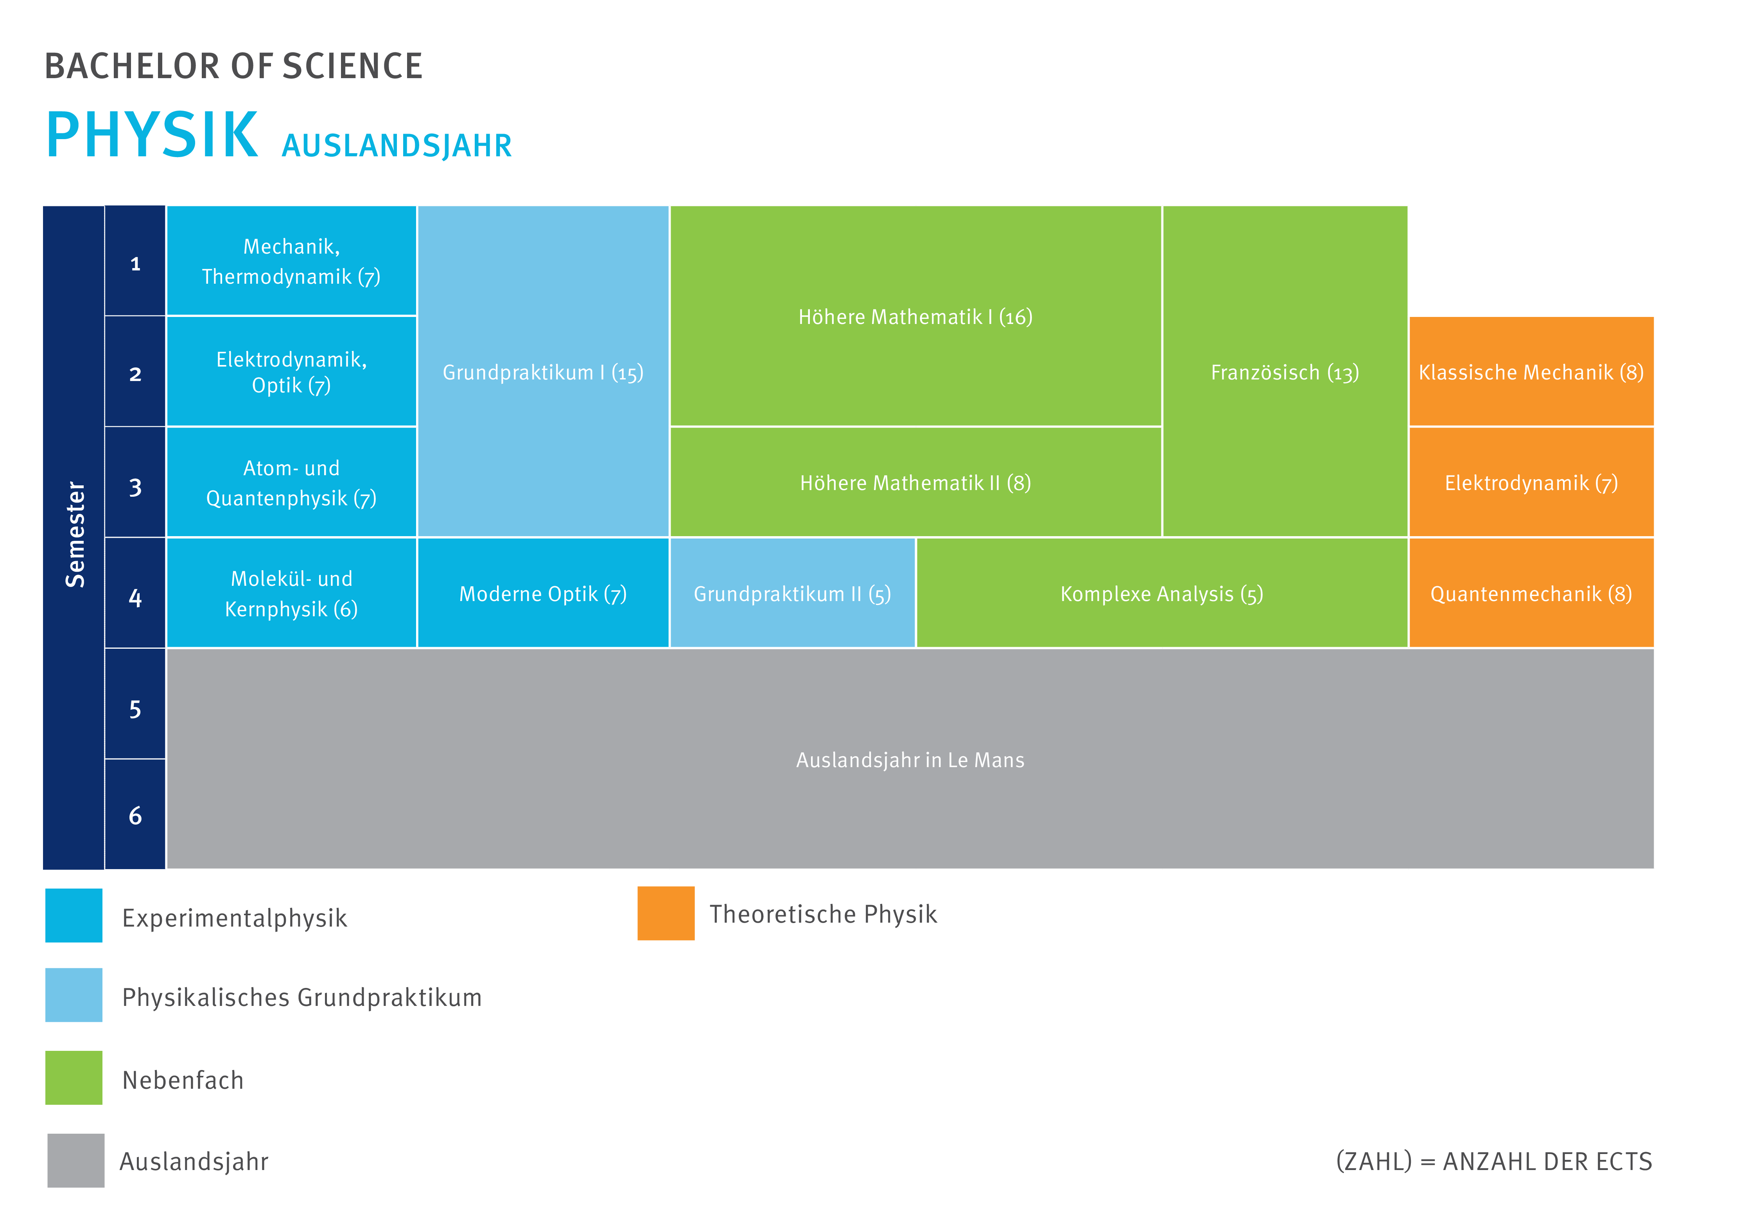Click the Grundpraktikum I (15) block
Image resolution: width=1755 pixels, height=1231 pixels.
543,372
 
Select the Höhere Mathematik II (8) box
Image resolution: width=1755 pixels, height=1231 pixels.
915,482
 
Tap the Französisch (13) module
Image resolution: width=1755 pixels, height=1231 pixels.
1284,372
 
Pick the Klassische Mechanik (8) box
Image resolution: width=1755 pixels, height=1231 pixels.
1530,372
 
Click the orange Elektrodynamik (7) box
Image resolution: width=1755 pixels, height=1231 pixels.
1530,482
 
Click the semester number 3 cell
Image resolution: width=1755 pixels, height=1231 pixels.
135,487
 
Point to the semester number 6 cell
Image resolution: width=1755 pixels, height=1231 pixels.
135,815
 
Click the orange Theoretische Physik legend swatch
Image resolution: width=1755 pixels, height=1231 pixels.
666,913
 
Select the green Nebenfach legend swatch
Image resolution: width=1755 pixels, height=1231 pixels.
74,1077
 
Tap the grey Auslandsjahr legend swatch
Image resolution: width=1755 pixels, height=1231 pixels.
76,1160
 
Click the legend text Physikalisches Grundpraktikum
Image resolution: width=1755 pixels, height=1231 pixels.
302,997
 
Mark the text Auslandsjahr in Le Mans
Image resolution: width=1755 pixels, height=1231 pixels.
910,760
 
